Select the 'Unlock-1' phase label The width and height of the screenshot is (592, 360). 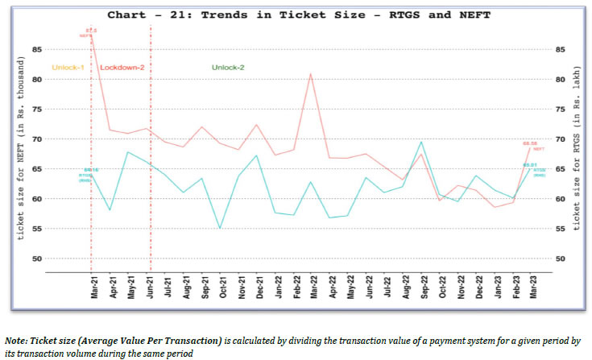tap(68, 67)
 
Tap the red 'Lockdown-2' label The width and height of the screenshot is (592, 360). tap(122, 67)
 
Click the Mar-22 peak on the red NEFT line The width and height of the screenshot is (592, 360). tap(311, 74)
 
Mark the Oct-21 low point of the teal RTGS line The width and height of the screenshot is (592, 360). tap(221, 228)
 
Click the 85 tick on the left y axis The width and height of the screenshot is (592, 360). tap(37, 49)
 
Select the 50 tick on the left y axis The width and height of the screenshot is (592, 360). tap(37, 259)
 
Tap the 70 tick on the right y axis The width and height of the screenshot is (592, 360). tap(559, 139)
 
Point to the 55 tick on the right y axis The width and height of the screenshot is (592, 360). tap(559, 229)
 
